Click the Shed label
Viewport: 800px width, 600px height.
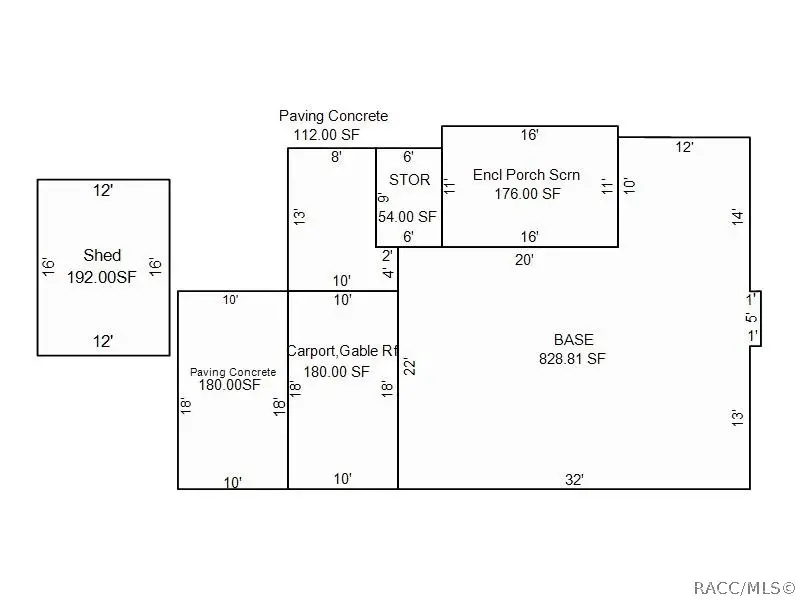pos(102,256)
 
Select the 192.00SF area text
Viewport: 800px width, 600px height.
pos(101,277)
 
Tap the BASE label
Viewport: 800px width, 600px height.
pos(572,338)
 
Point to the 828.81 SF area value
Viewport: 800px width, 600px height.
pos(572,358)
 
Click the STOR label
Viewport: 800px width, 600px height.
pos(409,180)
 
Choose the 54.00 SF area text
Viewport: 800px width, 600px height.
pos(407,216)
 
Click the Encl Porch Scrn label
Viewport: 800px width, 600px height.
pos(526,174)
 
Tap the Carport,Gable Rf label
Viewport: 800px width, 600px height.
pos(342,351)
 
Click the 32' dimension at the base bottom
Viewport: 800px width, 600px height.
pos(574,479)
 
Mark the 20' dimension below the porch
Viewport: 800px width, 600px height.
pos(524,259)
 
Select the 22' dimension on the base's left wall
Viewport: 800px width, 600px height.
pos(409,366)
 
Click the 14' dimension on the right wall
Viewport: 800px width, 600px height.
pos(736,216)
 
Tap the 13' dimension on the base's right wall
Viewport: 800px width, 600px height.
pos(737,417)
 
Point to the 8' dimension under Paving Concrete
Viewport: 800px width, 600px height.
pos(336,157)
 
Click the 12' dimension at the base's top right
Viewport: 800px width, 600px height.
pos(684,147)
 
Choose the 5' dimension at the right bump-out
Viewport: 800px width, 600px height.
pos(750,318)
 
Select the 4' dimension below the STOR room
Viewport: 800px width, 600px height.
pos(388,273)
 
